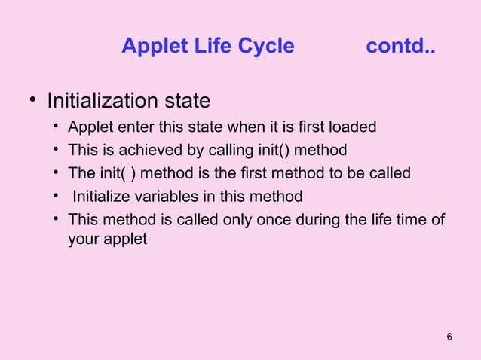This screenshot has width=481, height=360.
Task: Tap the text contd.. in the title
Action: [400, 47]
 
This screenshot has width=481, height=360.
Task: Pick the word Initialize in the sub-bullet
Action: [103, 197]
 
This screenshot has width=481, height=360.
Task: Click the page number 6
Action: [449, 336]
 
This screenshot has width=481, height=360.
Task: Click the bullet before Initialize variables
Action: [57, 196]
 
